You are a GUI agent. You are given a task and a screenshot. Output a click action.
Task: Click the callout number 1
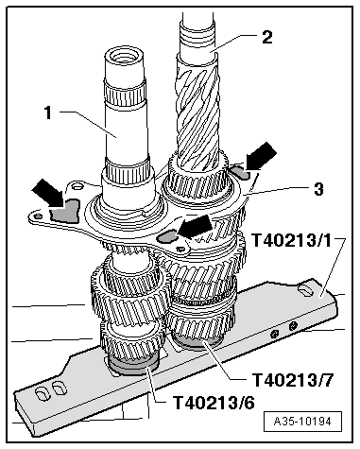pos(48,112)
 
